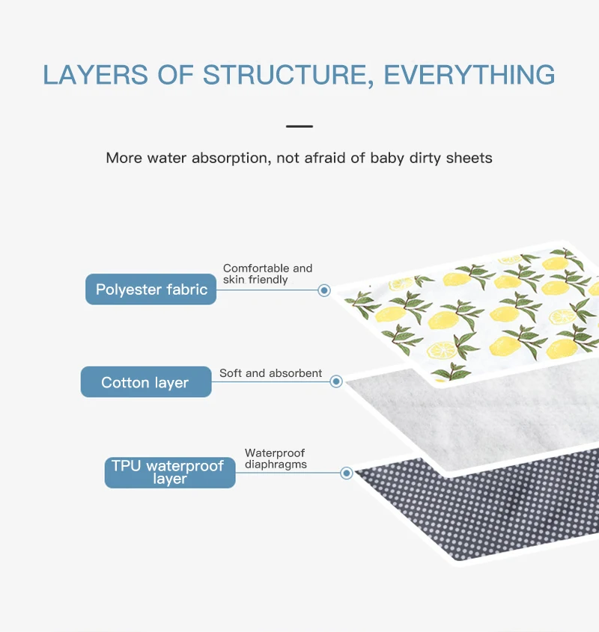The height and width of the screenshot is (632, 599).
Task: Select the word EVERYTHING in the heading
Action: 469,76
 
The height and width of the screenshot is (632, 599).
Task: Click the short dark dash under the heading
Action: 299,126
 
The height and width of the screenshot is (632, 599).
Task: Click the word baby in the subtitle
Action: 387,158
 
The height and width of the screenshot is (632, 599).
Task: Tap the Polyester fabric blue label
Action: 151,289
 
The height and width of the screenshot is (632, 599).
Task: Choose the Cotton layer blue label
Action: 145,382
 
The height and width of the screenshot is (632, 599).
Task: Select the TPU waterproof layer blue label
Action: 169,472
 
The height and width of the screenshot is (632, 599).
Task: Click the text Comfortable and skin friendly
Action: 267,274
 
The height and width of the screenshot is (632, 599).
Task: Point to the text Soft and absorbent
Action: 270,373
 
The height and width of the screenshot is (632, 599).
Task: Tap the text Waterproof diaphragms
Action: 276,458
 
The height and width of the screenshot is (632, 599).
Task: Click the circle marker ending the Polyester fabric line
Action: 324,290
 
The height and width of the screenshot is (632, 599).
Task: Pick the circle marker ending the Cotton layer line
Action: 336,381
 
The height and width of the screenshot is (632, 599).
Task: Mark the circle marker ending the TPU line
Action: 347,473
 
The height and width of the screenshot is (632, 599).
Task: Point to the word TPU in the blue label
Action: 126,465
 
